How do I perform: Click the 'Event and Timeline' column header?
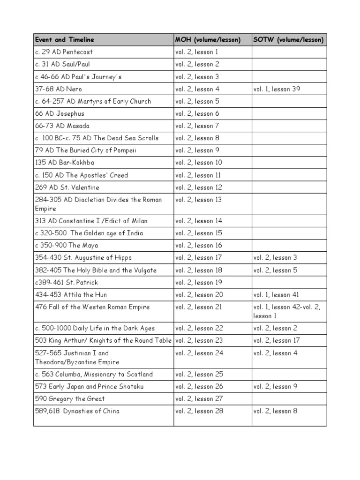click(65, 40)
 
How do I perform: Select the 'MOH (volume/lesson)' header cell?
click(208, 40)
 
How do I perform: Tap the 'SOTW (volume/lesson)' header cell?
click(288, 40)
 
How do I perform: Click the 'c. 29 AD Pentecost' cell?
click(64, 52)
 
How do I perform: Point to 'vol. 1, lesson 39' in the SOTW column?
click(277, 89)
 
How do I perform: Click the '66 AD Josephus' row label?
click(60, 113)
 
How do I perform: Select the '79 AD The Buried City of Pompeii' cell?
click(86, 150)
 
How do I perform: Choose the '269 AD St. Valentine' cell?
click(67, 187)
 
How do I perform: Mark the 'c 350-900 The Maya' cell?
click(67, 245)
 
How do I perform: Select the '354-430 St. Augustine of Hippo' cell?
click(83, 257)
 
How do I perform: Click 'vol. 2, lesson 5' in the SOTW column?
click(275, 270)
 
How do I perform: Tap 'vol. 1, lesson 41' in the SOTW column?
click(276, 294)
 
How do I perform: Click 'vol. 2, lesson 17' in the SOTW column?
click(277, 340)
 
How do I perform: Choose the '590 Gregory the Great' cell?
click(70, 399)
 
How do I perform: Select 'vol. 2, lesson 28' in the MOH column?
click(199, 411)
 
